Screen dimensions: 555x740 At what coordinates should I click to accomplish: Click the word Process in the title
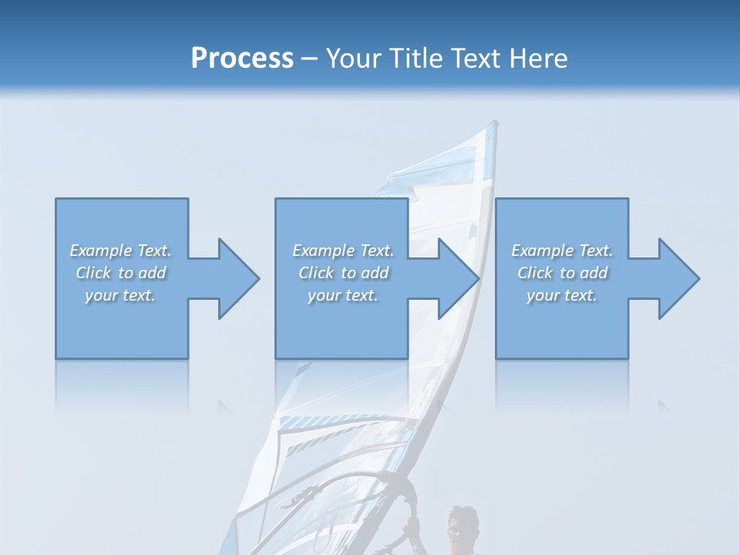[x=242, y=59]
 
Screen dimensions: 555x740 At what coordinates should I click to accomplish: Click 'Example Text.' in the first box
[x=120, y=251]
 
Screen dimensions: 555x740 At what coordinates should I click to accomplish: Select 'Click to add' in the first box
[x=120, y=273]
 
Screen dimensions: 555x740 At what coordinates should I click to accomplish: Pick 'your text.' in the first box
[x=120, y=295]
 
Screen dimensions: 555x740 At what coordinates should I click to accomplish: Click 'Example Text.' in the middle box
[x=343, y=251]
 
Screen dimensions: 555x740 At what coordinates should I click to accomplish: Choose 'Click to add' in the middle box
[x=343, y=273]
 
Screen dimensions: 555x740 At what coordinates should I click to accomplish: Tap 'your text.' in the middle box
[x=343, y=295]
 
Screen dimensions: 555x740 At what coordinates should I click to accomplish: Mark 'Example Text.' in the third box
[x=562, y=251]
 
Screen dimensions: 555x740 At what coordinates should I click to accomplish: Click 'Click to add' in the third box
[x=562, y=273]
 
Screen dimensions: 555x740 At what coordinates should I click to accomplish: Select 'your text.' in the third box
[x=562, y=295]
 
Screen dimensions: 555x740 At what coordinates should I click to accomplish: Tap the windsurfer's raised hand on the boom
[x=412, y=527]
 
